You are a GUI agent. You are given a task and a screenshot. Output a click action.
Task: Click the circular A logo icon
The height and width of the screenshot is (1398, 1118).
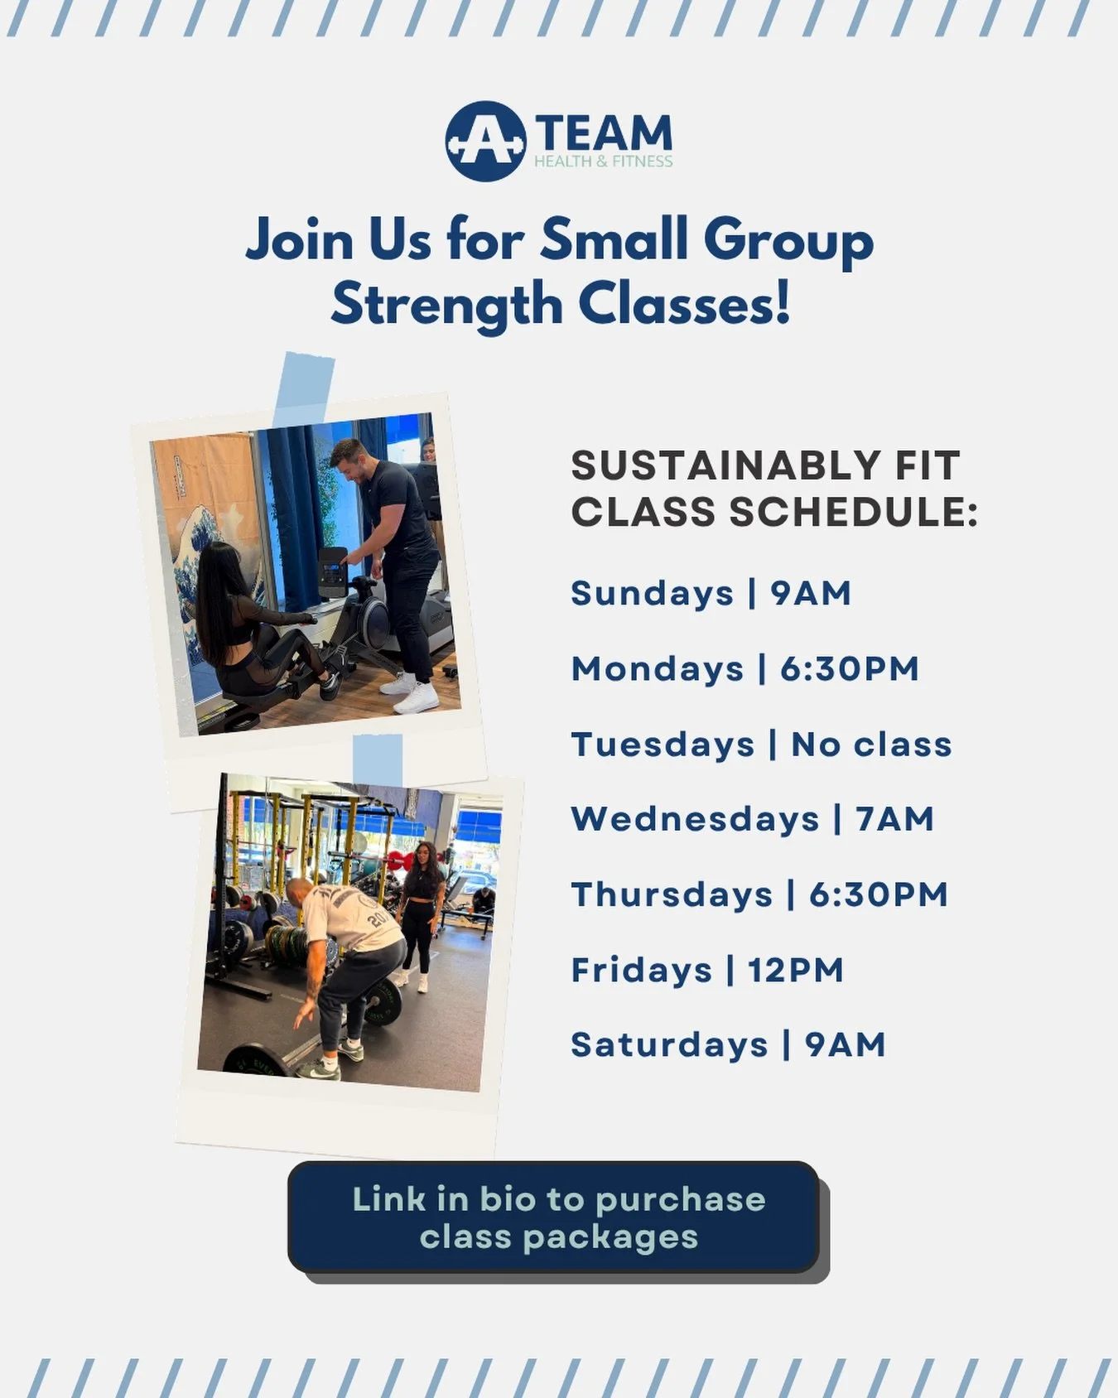485,142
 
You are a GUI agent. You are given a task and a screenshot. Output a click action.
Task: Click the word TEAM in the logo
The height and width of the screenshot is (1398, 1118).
604,133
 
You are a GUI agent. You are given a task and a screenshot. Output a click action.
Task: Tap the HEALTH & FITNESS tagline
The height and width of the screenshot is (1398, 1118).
603,161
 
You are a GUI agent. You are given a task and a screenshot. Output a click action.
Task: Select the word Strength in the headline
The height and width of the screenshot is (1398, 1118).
446,305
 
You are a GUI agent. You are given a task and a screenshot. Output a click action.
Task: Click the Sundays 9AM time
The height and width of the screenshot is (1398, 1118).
811,593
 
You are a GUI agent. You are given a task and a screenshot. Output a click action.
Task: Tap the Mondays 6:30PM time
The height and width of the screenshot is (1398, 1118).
849,668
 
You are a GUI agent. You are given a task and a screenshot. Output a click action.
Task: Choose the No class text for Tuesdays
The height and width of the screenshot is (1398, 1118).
871,744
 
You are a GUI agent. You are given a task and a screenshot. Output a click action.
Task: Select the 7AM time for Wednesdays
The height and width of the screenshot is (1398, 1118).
895,819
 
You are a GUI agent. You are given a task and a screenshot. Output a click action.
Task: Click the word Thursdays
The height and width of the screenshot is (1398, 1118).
672,894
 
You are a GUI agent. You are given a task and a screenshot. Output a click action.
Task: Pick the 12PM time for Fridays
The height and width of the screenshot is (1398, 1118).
795,970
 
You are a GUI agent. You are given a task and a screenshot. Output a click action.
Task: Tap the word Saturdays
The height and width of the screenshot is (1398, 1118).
669,1045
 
